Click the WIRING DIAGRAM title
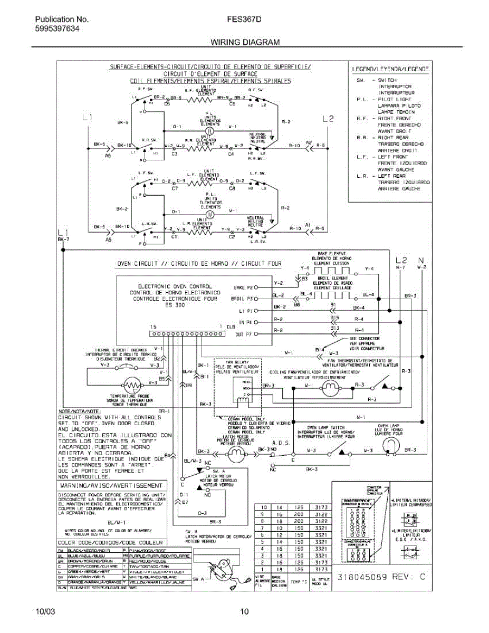245,42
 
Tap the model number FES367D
244,20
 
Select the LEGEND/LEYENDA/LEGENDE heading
390,69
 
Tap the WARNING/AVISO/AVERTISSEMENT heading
112,485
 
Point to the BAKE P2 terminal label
243,288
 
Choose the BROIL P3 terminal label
243,299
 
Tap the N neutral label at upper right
420,260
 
